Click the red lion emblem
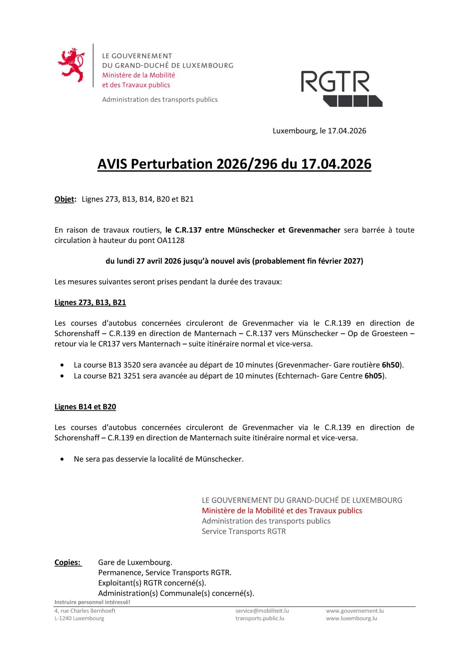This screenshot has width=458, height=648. [71, 65]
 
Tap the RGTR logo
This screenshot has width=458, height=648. [341, 88]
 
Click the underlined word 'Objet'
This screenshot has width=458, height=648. [64, 199]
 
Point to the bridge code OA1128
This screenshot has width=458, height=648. [171, 240]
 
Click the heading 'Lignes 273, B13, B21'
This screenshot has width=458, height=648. [90, 302]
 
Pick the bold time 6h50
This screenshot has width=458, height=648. [391, 365]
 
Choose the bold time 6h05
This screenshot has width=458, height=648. [373, 376]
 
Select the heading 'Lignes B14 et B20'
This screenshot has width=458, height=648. [85, 407]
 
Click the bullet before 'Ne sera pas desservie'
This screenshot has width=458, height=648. [62, 459]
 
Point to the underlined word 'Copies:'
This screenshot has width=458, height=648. [68, 562]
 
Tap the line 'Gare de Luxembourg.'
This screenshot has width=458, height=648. [135, 562]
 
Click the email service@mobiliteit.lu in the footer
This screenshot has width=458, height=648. [262, 611]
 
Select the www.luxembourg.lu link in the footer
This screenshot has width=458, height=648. [351, 618]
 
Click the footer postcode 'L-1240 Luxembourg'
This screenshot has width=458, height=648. [79, 618]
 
